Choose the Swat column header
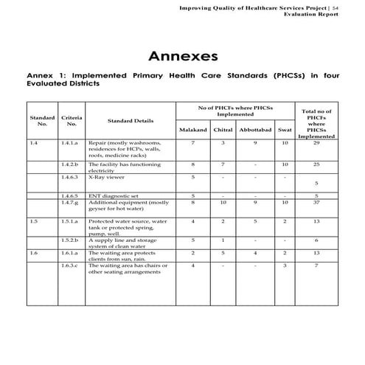tap(284, 130)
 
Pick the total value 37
tap(316, 202)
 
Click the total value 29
tap(316, 142)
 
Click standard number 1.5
tap(34, 220)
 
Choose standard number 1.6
tap(34, 253)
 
